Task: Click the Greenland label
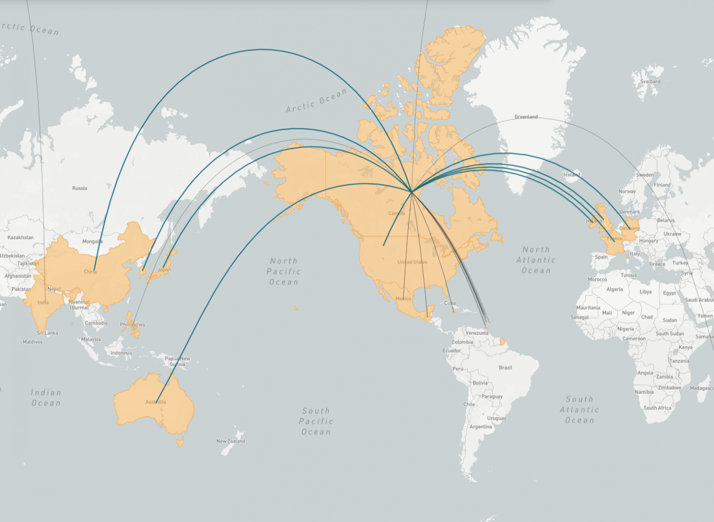click(x=526, y=117)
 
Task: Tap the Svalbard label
click(x=650, y=81)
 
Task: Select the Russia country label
click(x=79, y=188)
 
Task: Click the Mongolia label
click(x=92, y=241)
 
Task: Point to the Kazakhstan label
click(x=20, y=238)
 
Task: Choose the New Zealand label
click(x=231, y=441)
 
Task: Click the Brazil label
click(x=505, y=368)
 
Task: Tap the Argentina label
click(x=480, y=427)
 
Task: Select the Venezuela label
click(x=476, y=333)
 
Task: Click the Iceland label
click(x=572, y=175)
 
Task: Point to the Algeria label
click(x=614, y=289)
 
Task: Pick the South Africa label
click(x=657, y=408)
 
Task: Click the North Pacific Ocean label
click(x=284, y=271)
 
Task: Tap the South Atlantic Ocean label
click(x=579, y=410)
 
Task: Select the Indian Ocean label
click(x=46, y=398)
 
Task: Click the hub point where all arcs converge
click(x=412, y=192)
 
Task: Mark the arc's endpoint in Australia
click(x=156, y=403)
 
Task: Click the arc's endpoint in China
click(x=94, y=270)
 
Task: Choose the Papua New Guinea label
click(x=177, y=361)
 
